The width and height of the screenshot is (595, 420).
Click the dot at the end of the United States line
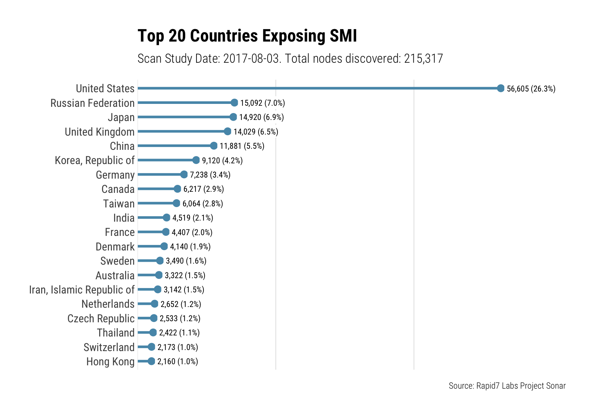pyautogui.click(x=501, y=88)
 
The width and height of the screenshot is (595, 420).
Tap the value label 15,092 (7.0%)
pyautogui.click(x=262, y=103)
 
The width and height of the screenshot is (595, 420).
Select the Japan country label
pyautogui.click(x=121, y=117)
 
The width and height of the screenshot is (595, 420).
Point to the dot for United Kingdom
pyautogui.click(x=227, y=131)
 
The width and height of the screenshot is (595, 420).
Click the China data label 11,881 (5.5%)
pyautogui.click(x=242, y=146)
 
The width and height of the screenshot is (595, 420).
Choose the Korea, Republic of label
pyautogui.click(x=95, y=160)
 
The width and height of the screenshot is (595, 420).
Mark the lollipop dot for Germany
pyautogui.click(x=184, y=174)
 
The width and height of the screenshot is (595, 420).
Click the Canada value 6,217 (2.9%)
pyautogui.click(x=203, y=189)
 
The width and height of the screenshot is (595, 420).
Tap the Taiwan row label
pyautogui.click(x=119, y=203)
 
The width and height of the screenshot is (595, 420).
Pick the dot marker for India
pyautogui.click(x=166, y=218)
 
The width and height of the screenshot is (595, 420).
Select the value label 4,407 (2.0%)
pyautogui.click(x=192, y=232)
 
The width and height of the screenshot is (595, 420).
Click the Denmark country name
pyautogui.click(x=115, y=247)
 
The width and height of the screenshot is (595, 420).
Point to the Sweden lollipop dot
pyautogui.click(x=160, y=261)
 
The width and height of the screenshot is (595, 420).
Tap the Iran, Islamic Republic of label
pyautogui.click(x=82, y=290)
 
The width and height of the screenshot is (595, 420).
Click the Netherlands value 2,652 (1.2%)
pyautogui.click(x=181, y=304)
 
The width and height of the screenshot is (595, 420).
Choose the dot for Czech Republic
pyautogui.click(x=153, y=318)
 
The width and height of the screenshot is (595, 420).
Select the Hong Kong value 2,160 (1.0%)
pyautogui.click(x=178, y=362)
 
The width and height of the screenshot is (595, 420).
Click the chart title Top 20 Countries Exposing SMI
pyautogui.click(x=247, y=36)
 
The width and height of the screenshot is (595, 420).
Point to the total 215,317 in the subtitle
pyautogui.click(x=423, y=58)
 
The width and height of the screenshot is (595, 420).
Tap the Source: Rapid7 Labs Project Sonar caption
pyautogui.click(x=507, y=386)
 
